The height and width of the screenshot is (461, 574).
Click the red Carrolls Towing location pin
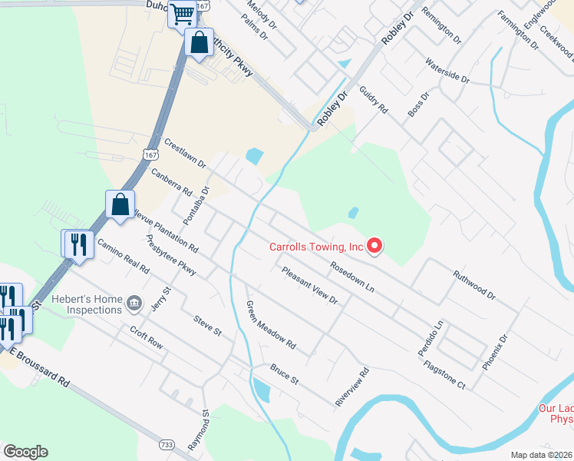(x=374, y=246)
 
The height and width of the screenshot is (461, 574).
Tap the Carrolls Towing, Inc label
(x=315, y=247)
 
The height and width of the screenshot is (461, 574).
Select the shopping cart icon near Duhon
(x=183, y=14)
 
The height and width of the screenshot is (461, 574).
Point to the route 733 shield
(x=166, y=444)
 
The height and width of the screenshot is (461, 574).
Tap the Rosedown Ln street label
(x=352, y=277)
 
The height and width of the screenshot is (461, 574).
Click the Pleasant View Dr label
(x=309, y=285)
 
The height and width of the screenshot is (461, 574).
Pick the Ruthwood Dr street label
(x=474, y=284)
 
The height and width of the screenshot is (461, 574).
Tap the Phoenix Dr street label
(x=495, y=353)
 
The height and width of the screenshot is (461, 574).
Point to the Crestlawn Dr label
(x=185, y=154)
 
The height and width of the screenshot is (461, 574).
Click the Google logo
(x=25, y=452)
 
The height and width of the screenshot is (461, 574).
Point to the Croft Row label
(x=146, y=338)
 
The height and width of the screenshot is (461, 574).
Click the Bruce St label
(x=283, y=375)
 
